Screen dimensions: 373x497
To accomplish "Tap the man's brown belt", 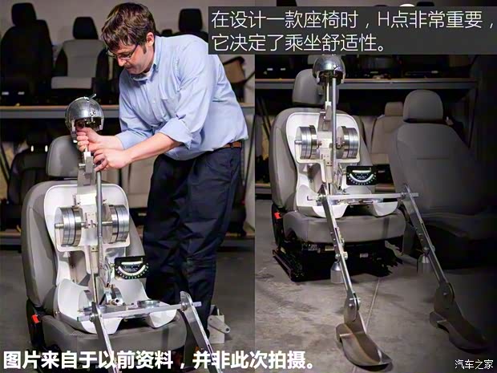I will pos(231,144).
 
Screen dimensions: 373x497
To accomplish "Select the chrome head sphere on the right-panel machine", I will pos(329,69).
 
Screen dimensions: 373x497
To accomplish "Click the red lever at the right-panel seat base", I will pos(277,214).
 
